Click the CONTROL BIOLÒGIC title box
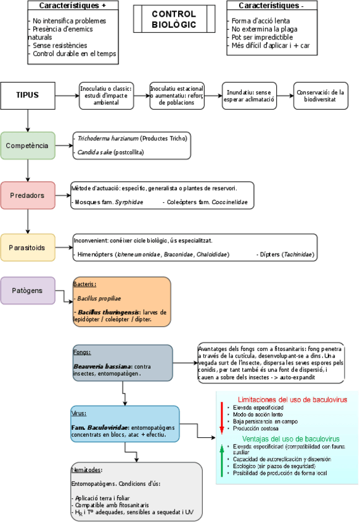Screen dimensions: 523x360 pos(174,19)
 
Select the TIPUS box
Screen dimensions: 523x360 pos(28,95)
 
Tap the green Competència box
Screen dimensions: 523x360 pos(27,146)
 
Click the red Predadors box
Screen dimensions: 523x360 pos(27,196)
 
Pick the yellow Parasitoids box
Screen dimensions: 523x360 pos(27,247)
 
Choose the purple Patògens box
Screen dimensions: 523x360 pos(27,290)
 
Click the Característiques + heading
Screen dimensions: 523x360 pos(73,6)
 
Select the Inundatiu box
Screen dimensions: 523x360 pos(249,96)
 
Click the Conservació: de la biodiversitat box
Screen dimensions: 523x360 pos(320,96)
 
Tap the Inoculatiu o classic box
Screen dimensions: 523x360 pos(106,96)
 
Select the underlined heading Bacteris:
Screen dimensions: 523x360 pos(85,284)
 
